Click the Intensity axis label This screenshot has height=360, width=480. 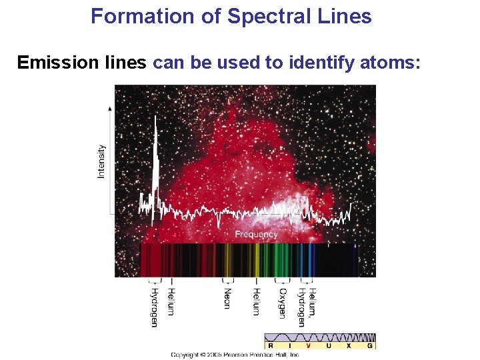tap(101, 161)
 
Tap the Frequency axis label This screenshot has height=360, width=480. tap(256, 235)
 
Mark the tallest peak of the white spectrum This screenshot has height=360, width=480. tap(155, 120)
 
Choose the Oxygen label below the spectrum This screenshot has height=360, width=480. tap(283, 304)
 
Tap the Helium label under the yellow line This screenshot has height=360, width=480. tap(256, 301)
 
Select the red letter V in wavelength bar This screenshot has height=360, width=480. tap(307, 345)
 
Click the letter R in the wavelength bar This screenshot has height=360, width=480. tap(270, 345)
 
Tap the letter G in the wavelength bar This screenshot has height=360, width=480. tap(369, 345)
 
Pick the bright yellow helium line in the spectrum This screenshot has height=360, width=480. tap(256, 260)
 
